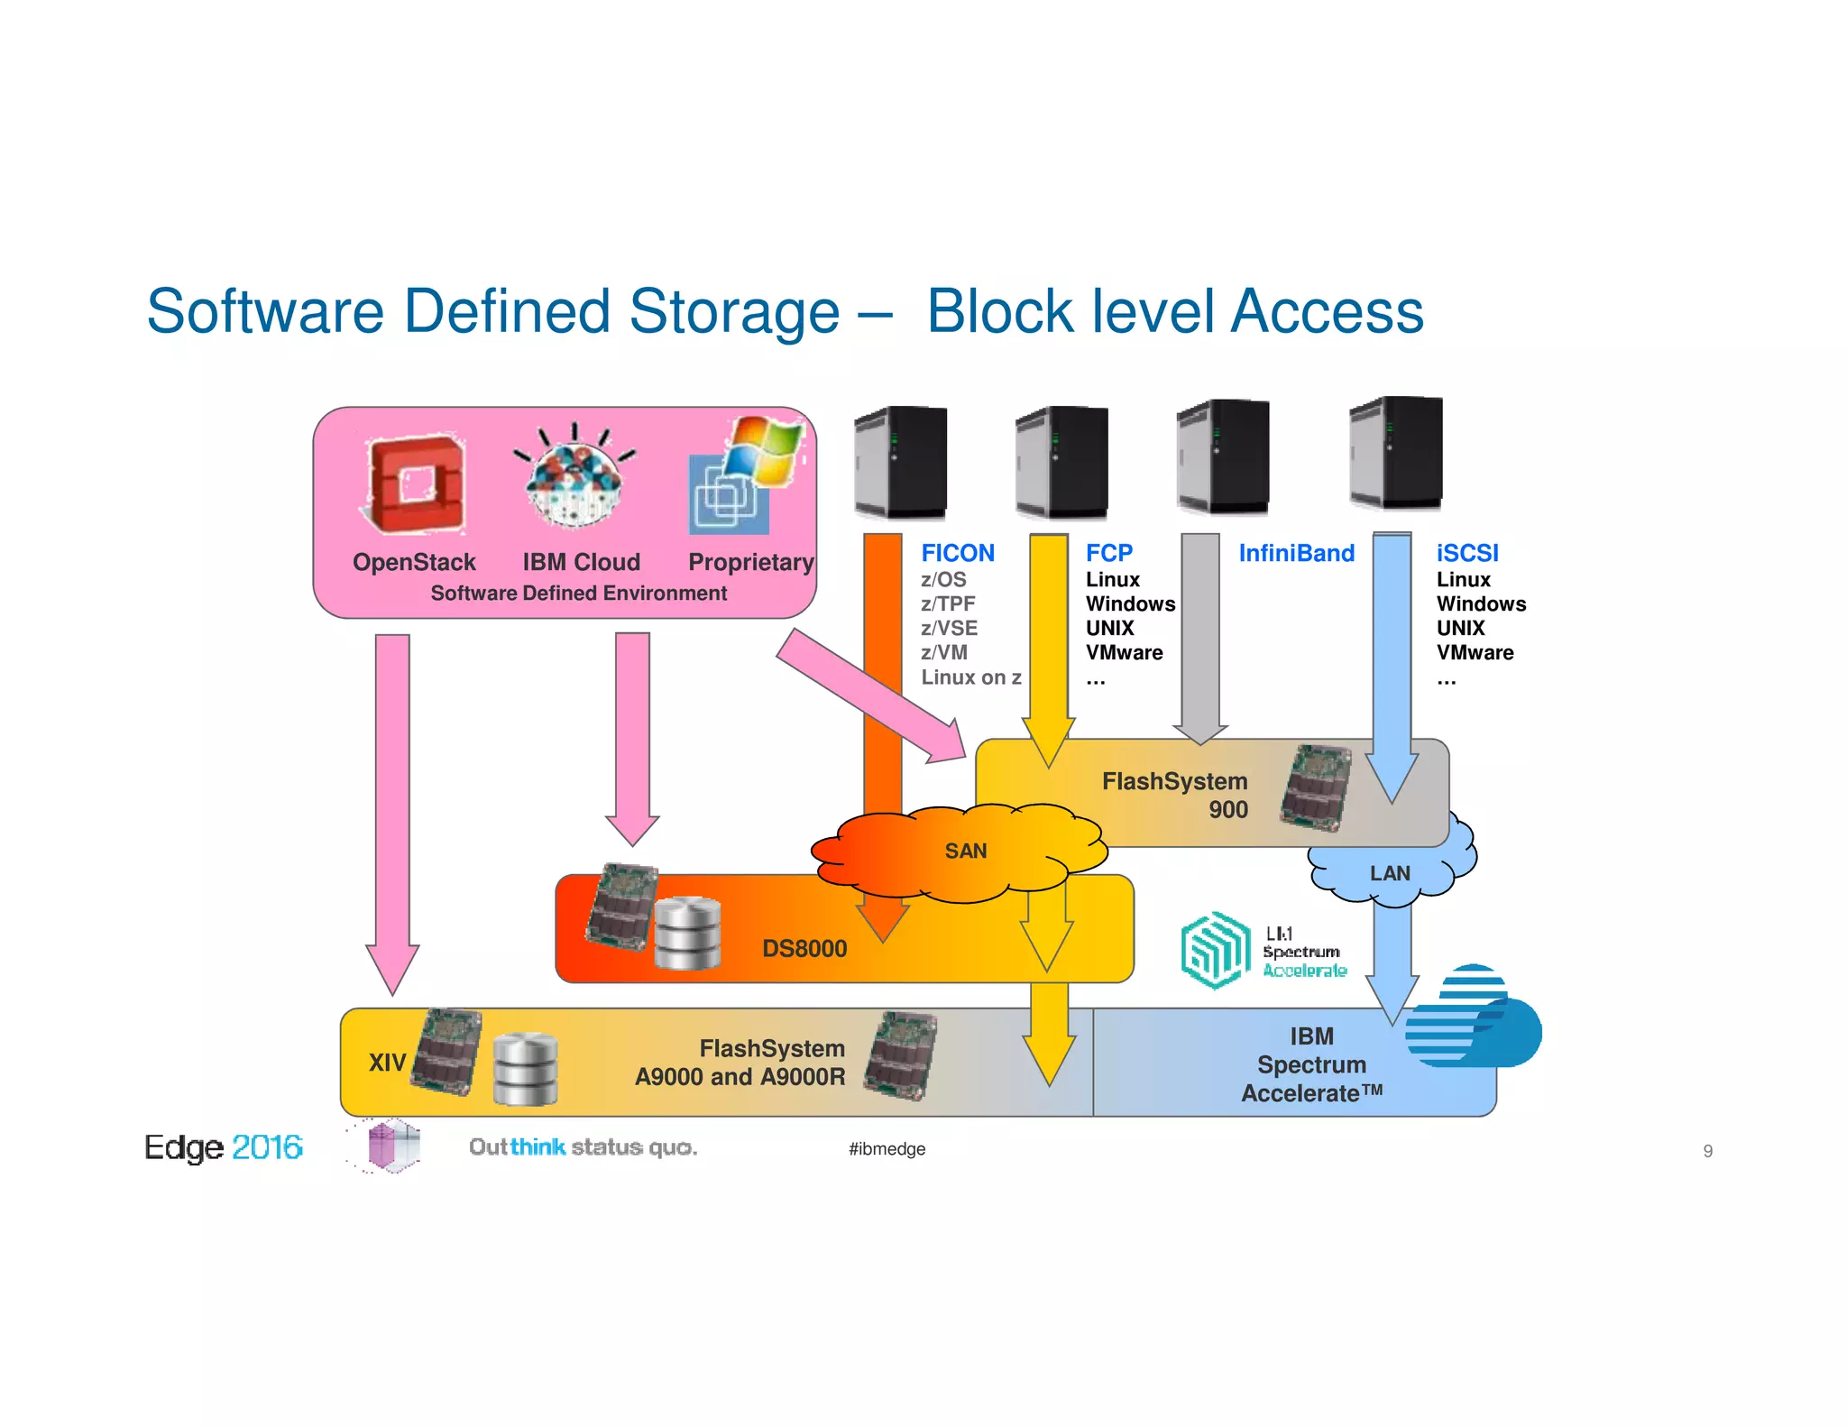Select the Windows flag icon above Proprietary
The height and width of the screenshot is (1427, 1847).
[764, 450]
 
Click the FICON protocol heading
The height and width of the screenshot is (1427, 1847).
[957, 553]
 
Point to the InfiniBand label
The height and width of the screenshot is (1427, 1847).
[1296, 553]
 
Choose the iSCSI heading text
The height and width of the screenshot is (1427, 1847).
[1466, 553]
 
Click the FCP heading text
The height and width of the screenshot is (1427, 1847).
[1108, 553]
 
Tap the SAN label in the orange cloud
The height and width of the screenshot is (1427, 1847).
[965, 851]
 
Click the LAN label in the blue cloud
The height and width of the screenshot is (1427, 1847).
[1389, 873]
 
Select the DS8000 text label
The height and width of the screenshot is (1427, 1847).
[804, 948]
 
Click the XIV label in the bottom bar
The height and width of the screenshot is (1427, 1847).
[387, 1063]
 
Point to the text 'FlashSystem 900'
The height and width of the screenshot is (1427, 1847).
[1174, 795]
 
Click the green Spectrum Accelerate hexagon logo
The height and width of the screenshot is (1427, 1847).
[1215, 950]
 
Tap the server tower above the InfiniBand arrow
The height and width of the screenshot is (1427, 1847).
[1224, 456]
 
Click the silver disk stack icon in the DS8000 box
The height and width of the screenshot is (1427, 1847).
[687, 934]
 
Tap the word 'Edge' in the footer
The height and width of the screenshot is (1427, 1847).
[184, 1147]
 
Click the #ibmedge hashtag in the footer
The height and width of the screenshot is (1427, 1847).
[887, 1148]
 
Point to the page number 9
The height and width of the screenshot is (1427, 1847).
[1707, 1151]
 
